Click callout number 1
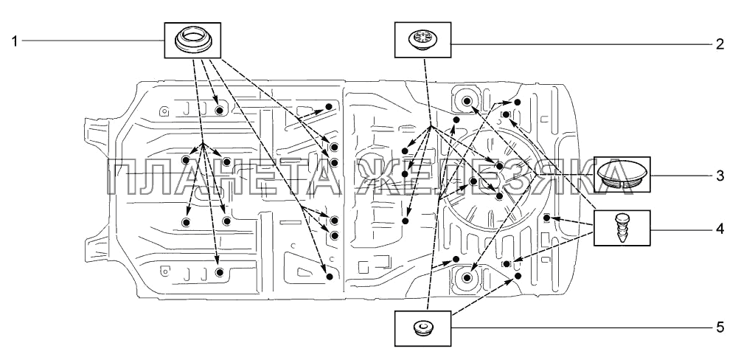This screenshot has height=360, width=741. point(14,41)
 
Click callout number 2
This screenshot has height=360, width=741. point(720,44)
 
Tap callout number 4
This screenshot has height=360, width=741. point(720,229)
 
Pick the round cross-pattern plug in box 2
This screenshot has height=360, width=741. point(423,37)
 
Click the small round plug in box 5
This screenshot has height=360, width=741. point(423,327)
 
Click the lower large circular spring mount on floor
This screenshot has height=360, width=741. point(466,277)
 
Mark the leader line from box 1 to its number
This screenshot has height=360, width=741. point(92,41)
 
